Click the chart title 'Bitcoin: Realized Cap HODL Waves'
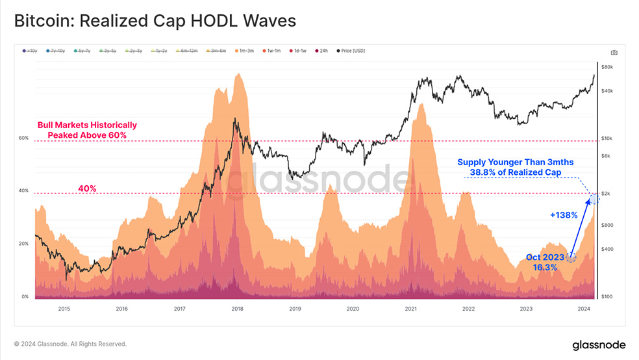point(155,21)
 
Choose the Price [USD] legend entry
point(351,51)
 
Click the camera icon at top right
point(614,53)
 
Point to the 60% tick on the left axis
point(23,138)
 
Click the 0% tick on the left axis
point(25,297)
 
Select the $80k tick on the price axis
point(608,67)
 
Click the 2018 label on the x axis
point(237,309)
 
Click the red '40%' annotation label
point(87,188)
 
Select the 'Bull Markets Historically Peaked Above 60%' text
point(87,130)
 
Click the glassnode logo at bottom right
point(598,344)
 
